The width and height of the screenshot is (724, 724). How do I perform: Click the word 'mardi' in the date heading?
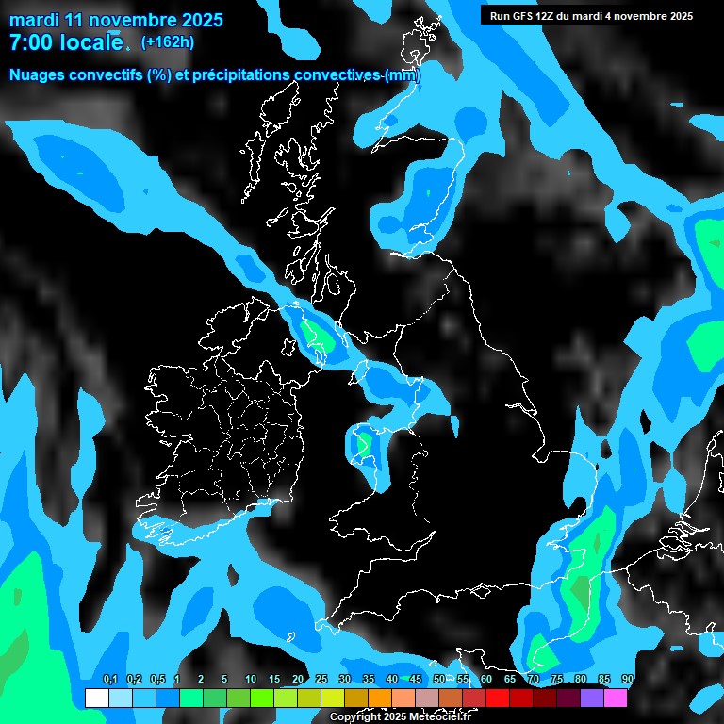(x=35, y=20)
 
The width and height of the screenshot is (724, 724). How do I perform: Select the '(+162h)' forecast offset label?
(x=168, y=42)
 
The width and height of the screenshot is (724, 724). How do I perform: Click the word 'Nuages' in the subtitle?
(x=39, y=75)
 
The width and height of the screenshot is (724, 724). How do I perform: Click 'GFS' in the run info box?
(x=525, y=16)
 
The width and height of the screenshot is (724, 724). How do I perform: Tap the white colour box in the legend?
(x=96, y=698)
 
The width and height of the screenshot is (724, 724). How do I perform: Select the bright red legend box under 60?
(x=497, y=698)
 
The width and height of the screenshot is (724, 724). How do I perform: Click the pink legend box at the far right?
(x=616, y=698)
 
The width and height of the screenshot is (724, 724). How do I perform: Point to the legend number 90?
(x=627, y=680)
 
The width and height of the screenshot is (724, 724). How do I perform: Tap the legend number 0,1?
(x=109, y=680)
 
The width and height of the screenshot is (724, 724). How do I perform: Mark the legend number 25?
(x=321, y=680)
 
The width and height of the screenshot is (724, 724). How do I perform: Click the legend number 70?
(x=533, y=680)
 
